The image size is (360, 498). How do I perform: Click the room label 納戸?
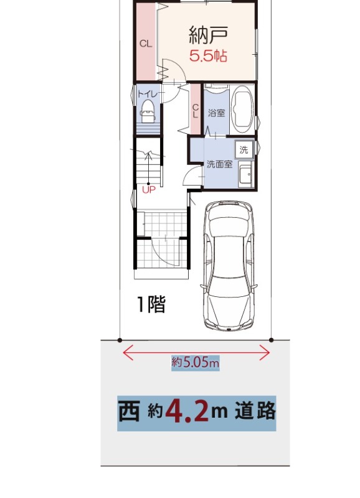[209, 35]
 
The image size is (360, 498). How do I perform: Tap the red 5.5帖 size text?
[208, 56]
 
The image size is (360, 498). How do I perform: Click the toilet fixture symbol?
[148, 111]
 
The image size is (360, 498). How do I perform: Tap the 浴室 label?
[217, 113]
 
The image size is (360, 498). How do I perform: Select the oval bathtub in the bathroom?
[242, 110]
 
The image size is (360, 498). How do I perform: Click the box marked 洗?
[244, 149]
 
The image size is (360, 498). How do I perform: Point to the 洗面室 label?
[220, 164]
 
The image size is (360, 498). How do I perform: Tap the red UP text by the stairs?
[149, 190]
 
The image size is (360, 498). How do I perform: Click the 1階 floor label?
[151, 304]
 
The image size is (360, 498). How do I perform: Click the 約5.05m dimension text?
[196, 362]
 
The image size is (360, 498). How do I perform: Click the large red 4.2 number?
[187, 411]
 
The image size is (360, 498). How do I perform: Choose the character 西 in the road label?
[130, 411]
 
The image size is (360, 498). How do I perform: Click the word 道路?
[255, 411]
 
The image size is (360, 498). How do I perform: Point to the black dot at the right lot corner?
[271, 340]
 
